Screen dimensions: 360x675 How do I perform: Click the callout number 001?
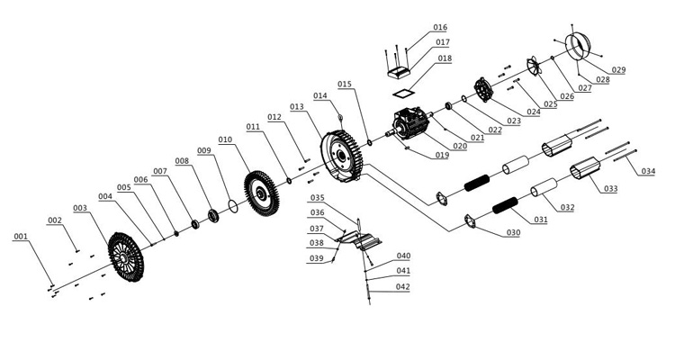click(21, 237)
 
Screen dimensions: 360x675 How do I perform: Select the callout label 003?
click(81, 208)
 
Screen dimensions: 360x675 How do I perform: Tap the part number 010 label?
click(225, 139)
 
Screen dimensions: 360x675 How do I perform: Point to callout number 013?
click(297, 106)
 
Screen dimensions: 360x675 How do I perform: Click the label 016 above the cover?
click(440, 28)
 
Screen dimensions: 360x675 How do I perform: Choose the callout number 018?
click(445, 58)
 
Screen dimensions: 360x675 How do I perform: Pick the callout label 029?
click(618, 70)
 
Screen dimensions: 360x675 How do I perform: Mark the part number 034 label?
click(648, 171)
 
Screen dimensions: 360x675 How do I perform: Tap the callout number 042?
click(402, 286)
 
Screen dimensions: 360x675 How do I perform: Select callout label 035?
click(317, 197)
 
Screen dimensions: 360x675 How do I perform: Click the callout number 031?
click(541, 219)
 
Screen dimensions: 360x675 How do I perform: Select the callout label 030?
click(512, 233)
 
